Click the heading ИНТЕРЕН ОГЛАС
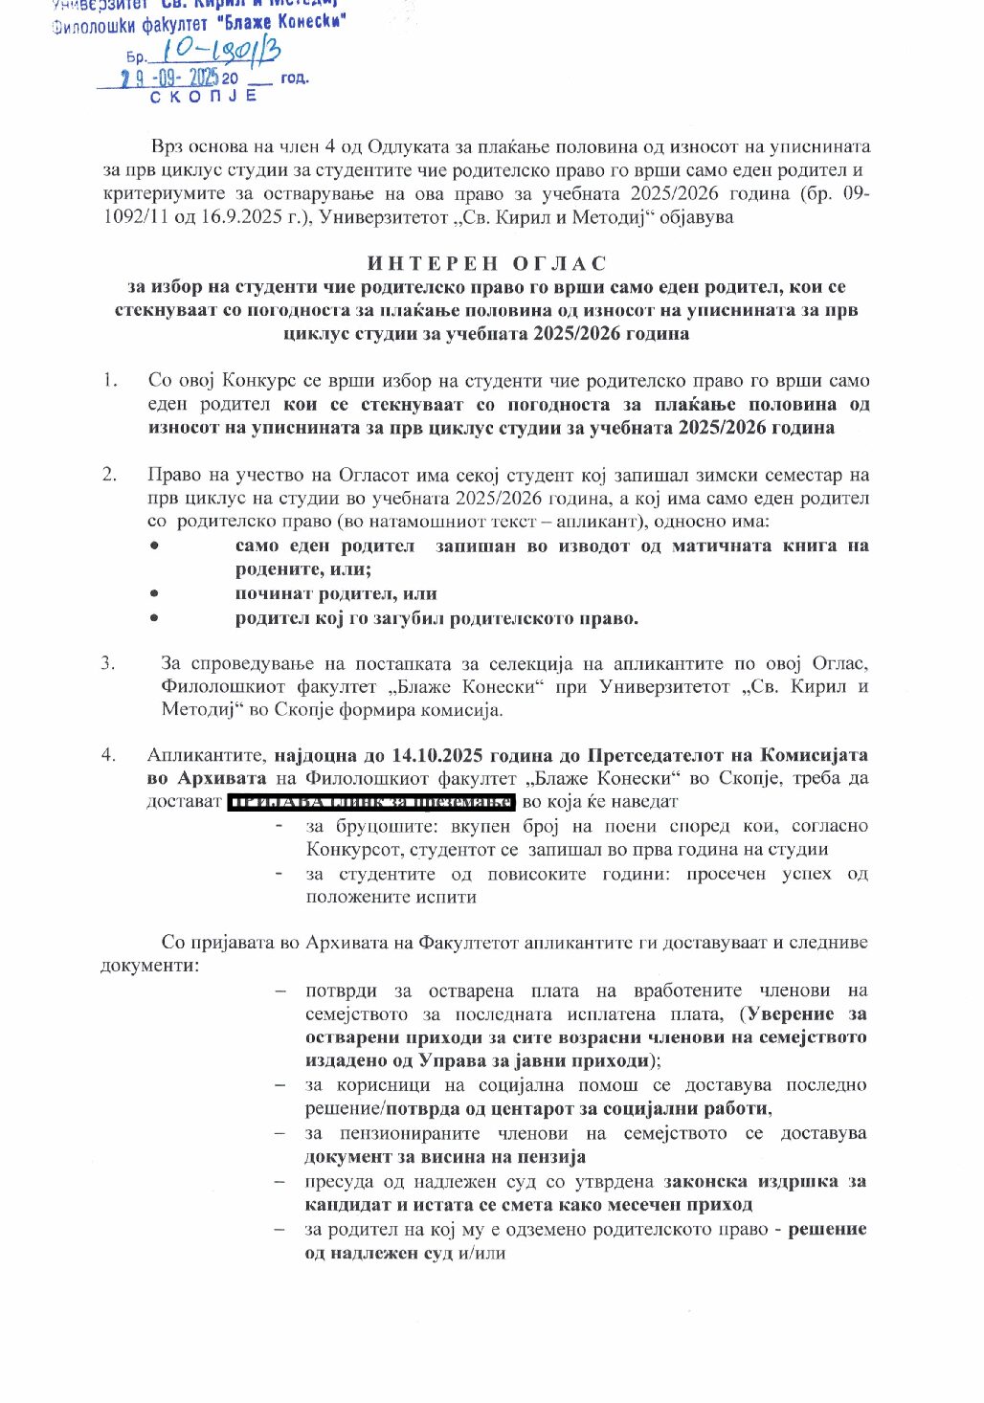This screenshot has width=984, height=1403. click(487, 263)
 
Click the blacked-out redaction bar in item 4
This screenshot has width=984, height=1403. click(371, 802)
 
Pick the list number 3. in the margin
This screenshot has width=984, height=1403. click(108, 663)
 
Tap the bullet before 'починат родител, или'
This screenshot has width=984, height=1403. click(153, 594)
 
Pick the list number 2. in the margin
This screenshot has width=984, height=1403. click(110, 475)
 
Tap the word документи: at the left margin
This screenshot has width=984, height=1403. click(149, 965)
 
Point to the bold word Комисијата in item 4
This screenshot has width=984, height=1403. click(814, 755)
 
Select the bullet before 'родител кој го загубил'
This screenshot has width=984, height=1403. click(153, 618)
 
